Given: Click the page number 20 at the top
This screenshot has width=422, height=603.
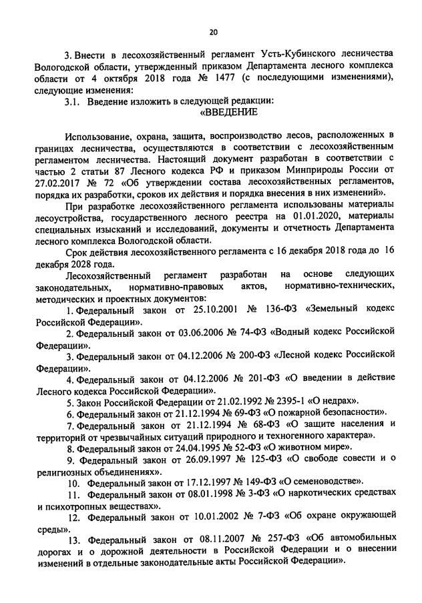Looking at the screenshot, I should [213, 31].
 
